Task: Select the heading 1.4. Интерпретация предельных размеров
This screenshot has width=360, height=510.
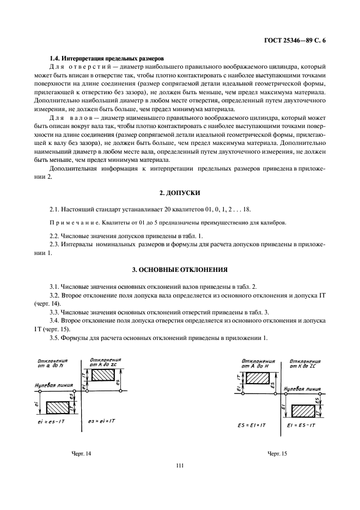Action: (x=107, y=58)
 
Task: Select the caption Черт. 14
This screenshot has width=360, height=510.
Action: (x=82, y=453)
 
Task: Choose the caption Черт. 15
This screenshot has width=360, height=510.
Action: (x=277, y=453)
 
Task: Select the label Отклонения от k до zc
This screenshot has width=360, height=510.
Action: (x=105, y=362)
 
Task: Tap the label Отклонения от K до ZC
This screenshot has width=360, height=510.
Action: (x=306, y=363)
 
